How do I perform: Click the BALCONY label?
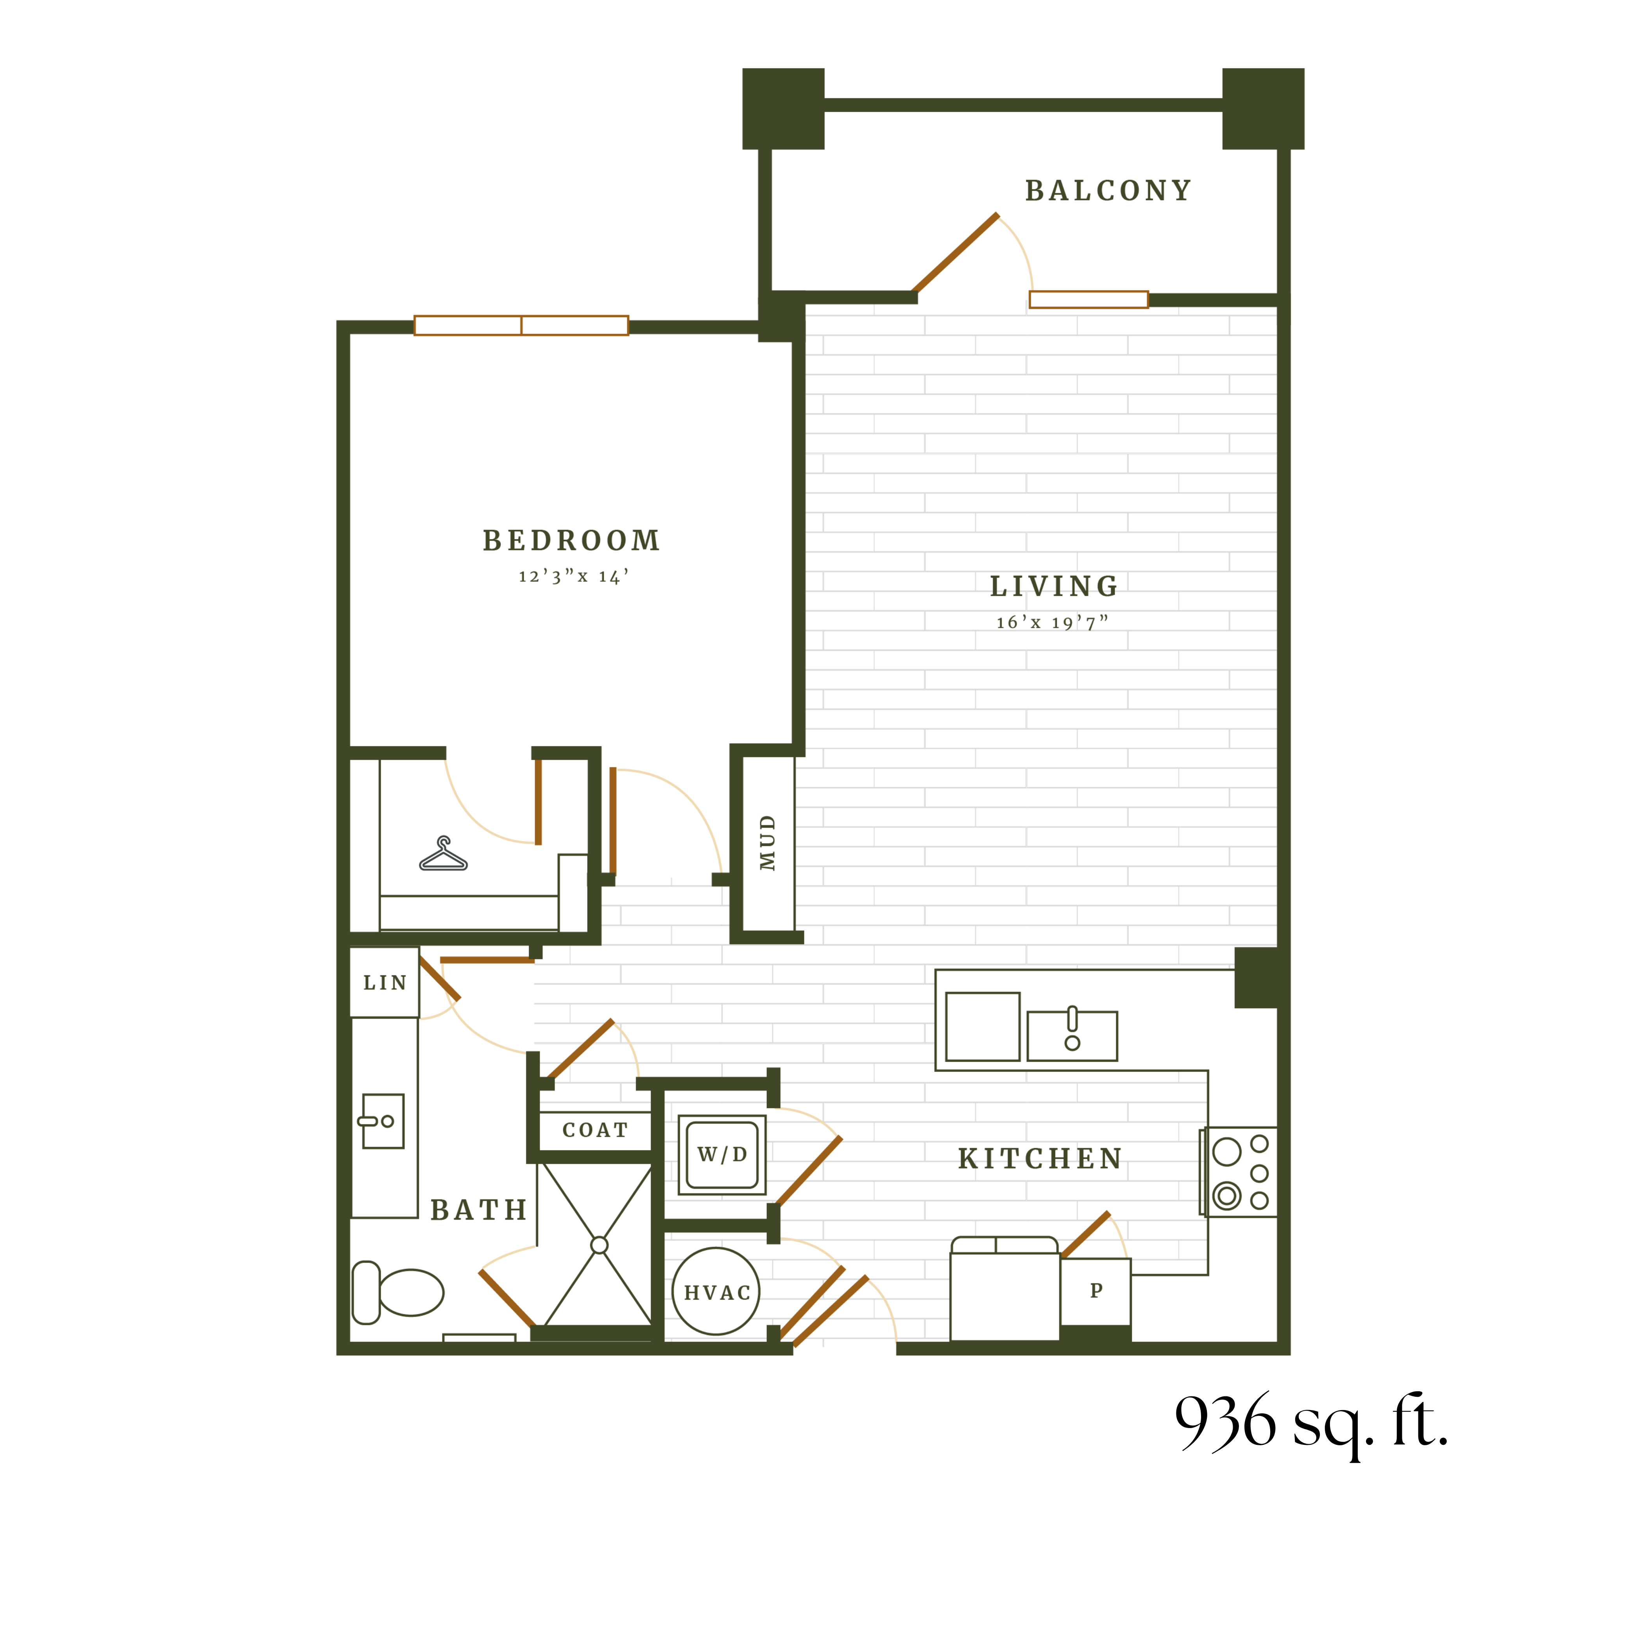coord(1108,192)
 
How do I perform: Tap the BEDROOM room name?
coord(571,541)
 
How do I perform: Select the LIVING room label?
coord(1054,586)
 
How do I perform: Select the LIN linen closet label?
coord(385,983)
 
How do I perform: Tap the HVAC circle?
coord(717,1292)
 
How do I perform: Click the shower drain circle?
coord(600,1245)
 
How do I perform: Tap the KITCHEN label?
coord(1040,1159)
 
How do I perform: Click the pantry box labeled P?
coord(1095,1291)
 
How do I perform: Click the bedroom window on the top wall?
coord(521,326)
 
